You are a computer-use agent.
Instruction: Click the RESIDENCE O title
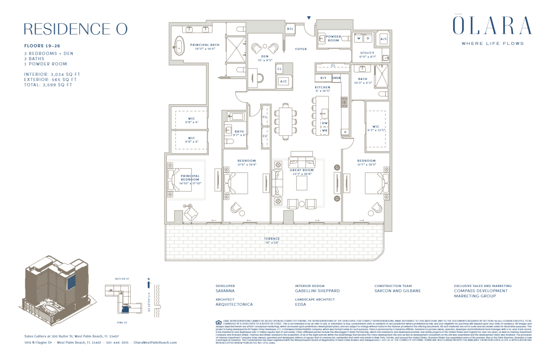click(76, 29)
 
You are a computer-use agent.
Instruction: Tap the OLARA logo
click(492, 25)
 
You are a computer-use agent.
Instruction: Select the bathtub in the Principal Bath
click(179, 46)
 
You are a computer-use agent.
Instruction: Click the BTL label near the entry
click(290, 29)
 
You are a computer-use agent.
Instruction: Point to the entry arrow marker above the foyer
click(309, 17)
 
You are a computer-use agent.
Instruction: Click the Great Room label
click(302, 170)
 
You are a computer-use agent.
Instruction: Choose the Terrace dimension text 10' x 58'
click(272, 243)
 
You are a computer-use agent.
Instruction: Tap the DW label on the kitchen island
click(325, 123)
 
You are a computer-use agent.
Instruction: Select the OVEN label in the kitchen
click(336, 78)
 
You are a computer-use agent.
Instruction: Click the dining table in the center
click(286, 122)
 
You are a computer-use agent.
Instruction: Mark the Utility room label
click(367, 53)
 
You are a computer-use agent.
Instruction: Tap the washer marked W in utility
click(359, 38)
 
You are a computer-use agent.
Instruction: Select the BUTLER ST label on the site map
click(122, 279)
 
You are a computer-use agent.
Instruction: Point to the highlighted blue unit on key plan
click(125, 309)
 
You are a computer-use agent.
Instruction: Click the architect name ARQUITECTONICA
click(234, 305)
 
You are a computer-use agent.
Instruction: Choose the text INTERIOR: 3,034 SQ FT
click(52, 74)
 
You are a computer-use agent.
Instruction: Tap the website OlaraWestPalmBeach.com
click(155, 343)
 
